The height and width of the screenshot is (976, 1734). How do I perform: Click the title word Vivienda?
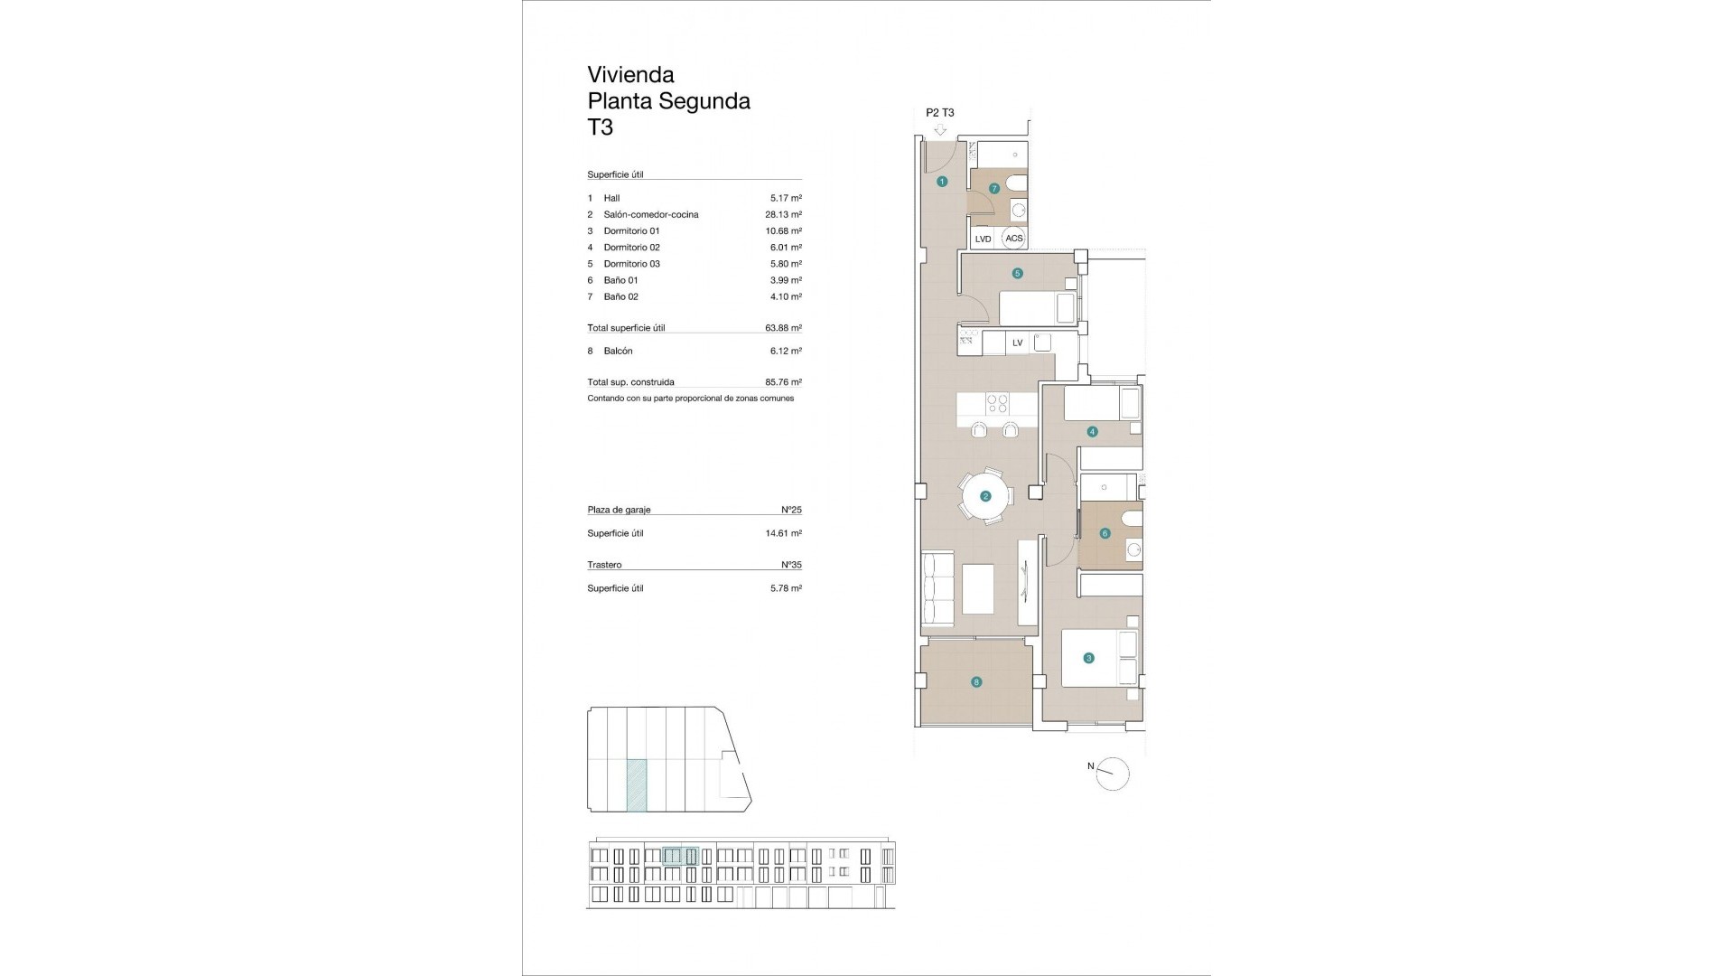pyautogui.click(x=630, y=75)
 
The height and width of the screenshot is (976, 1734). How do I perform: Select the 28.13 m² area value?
pyautogui.click(x=783, y=215)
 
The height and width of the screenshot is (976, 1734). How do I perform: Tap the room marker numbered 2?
pyautogui.click(x=985, y=496)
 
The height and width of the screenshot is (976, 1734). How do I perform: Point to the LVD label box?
pyautogui.click(x=984, y=239)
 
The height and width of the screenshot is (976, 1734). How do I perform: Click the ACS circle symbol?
pyautogui.click(x=1014, y=239)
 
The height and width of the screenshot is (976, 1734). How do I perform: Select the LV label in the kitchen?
pyautogui.click(x=1018, y=343)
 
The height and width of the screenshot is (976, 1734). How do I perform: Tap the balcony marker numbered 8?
pyautogui.click(x=976, y=682)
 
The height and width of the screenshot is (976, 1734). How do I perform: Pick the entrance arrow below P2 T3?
pyautogui.click(x=940, y=130)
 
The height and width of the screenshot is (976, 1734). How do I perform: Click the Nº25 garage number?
pyautogui.click(x=791, y=510)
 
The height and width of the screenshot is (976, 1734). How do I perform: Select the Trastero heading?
pyautogui.click(x=604, y=565)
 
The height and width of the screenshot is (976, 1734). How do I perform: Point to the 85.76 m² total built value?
pyautogui.click(x=783, y=382)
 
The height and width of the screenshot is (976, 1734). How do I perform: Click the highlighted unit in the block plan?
pyautogui.click(x=637, y=784)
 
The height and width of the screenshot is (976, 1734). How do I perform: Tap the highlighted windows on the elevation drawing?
pyautogui.click(x=680, y=856)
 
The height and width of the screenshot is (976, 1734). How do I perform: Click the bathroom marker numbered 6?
pyautogui.click(x=1105, y=534)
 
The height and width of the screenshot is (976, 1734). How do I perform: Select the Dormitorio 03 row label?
pyautogui.click(x=631, y=264)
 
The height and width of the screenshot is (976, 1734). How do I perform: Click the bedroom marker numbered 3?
pyautogui.click(x=1088, y=658)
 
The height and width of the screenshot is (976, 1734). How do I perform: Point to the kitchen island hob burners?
pyautogui.click(x=997, y=400)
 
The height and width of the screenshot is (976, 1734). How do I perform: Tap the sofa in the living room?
pyautogui.click(x=937, y=588)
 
